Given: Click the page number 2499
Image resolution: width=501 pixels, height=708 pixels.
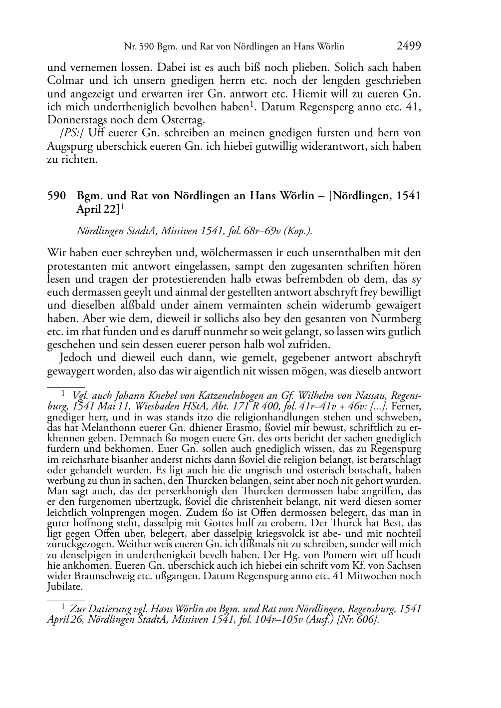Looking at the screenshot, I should (409, 46).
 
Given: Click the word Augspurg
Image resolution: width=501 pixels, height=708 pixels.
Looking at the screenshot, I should (71, 147).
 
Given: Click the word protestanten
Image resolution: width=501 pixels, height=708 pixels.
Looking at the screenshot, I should (76, 266).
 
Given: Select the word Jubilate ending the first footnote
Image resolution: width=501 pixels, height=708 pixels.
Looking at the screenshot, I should (65, 586).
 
